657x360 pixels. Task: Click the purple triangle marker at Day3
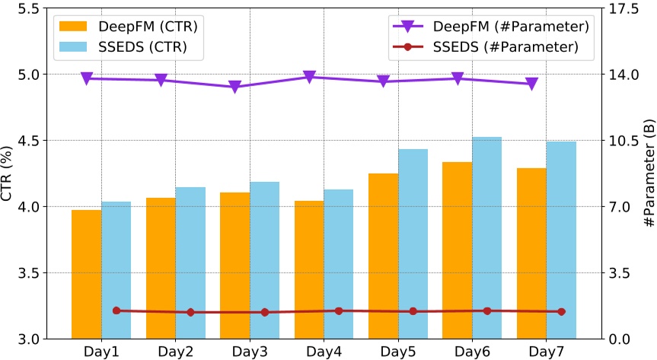[x=235, y=87]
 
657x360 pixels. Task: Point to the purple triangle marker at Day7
[x=532, y=84]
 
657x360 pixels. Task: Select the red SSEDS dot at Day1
[x=116, y=311]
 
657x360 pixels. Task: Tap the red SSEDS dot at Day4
[x=339, y=311]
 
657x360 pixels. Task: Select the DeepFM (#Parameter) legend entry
[x=487, y=27]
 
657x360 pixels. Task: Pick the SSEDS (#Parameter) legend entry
[x=487, y=46]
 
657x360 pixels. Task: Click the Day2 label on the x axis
[x=176, y=352]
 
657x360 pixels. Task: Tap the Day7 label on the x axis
[x=547, y=352]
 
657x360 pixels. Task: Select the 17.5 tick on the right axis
[x=628, y=9]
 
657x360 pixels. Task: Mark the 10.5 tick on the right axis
[x=628, y=141]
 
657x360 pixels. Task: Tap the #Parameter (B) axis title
[x=649, y=174]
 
